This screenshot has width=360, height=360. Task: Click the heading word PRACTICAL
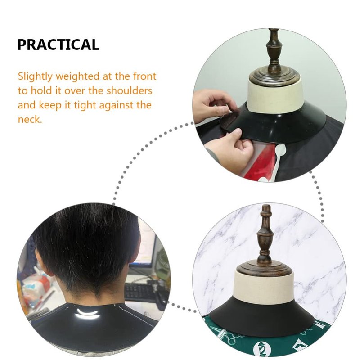[58, 45]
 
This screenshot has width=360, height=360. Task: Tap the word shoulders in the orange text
[129, 91]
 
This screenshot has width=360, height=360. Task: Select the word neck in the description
[29, 119]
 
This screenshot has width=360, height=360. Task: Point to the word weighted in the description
[77, 76]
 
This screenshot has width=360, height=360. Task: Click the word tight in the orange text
[85, 105]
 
